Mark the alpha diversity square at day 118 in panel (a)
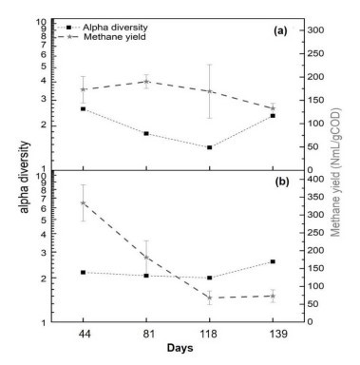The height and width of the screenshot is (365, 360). pos(209,147)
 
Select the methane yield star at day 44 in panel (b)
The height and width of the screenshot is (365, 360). pos(84,202)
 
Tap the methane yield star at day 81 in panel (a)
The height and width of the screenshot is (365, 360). pos(146,82)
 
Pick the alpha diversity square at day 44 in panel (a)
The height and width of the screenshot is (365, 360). pos(84,108)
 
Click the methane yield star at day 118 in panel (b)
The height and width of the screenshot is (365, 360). pos(209,298)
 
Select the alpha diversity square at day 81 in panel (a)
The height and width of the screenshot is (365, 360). pos(146,133)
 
